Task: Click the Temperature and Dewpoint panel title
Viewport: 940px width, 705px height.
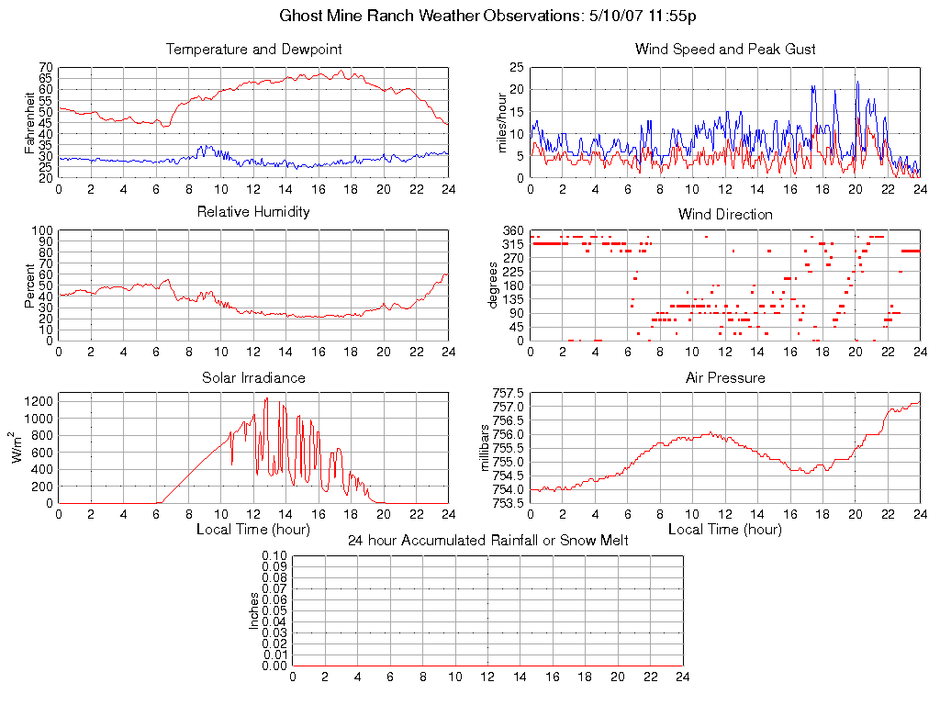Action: (253, 49)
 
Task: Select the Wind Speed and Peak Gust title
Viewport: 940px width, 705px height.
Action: (725, 49)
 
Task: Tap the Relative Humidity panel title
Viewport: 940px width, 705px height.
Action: (253, 212)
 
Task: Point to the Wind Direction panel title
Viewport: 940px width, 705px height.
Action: (725, 214)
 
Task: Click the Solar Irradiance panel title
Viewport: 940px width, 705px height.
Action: (253, 377)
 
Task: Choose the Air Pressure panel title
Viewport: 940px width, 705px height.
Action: (725, 377)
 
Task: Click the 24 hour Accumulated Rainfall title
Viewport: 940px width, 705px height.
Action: (487, 541)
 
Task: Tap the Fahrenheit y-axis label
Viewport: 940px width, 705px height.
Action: (30, 122)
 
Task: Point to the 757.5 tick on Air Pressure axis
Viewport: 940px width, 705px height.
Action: (508, 393)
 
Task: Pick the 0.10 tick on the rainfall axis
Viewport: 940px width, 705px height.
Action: (274, 555)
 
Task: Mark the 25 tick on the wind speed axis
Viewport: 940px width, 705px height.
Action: (516, 68)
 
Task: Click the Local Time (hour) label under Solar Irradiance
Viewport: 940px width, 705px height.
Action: (253, 529)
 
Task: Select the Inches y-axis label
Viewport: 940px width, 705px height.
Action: (254, 610)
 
